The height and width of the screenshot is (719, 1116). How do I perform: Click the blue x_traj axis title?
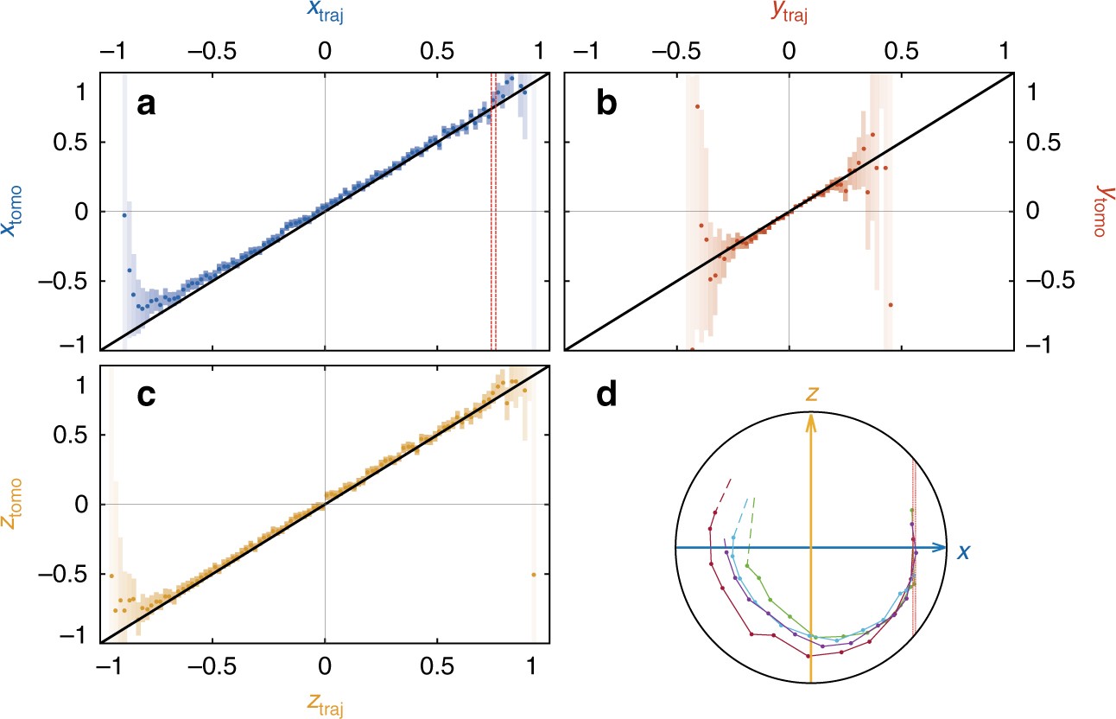pyautogui.click(x=324, y=13)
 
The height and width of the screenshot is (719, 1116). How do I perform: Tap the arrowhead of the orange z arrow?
pyautogui.click(x=810, y=420)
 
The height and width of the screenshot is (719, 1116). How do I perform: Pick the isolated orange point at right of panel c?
pyautogui.click(x=533, y=575)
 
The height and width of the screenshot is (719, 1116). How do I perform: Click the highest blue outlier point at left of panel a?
pyautogui.click(x=124, y=214)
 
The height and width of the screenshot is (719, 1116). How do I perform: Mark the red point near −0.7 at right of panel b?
pyautogui.click(x=890, y=305)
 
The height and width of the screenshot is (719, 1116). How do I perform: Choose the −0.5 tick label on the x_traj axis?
pyautogui.click(x=212, y=50)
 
